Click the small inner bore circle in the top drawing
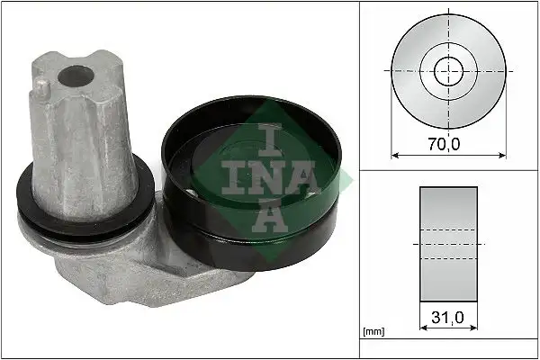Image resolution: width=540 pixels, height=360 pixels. pos(447,70)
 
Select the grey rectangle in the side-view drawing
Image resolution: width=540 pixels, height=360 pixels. pos(447,243)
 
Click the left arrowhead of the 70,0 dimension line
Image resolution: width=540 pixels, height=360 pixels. pos(392,152)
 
